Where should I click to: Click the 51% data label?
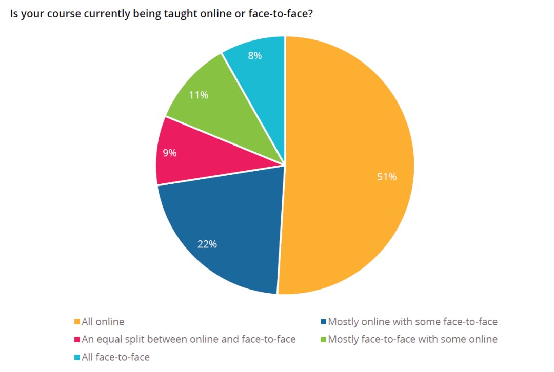tap(387, 177)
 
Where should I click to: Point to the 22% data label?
tap(207, 244)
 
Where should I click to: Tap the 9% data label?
tap(170, 153)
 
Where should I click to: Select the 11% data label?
tap(199, 95)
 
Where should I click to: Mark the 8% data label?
tap(255, 56)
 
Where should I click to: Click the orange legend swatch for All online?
tap(77, 322)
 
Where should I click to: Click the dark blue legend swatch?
tap(323, 322)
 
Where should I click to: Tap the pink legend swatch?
tap(77, 339)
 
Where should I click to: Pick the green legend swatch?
tap(323, 339)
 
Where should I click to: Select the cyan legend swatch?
tap(77, 357)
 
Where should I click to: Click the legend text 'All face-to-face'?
tap(115, 357)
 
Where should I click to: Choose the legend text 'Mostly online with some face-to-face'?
tap(412, 322)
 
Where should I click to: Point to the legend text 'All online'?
tap(103, 322)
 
